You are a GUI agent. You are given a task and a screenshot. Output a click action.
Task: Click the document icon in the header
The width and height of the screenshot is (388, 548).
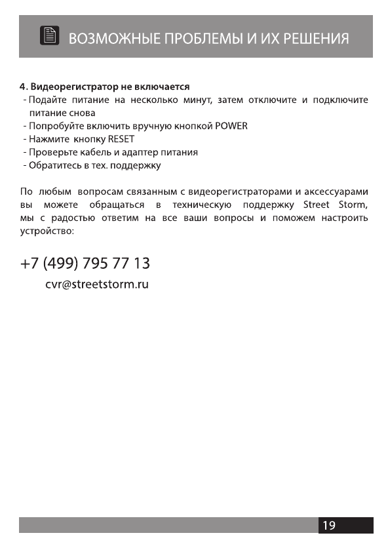pos(49,37)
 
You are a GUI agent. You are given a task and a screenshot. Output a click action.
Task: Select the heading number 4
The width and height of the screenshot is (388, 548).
pos(22,87)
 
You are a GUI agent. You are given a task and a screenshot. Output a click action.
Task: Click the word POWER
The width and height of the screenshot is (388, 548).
pos(231,126)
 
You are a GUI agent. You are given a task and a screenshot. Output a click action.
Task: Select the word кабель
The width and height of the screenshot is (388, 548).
pos(88,152)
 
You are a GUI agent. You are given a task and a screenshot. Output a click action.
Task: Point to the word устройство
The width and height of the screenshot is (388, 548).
pos(47,231)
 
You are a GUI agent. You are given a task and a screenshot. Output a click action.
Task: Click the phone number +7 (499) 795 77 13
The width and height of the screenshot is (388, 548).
pos(85,264)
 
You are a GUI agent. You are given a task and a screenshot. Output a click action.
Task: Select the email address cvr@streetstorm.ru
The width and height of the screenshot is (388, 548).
pos(97,286)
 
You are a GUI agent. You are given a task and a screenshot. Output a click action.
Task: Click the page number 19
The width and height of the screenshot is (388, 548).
pos(329,525)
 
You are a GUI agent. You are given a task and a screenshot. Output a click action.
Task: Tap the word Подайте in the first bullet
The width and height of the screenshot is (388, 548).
pos(48,100)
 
